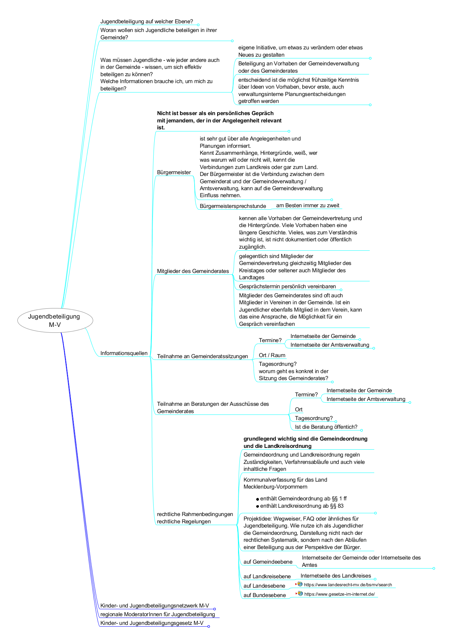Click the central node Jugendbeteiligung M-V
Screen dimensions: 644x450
click(x=55, y=320)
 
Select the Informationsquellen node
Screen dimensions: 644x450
click(x=124, y=353)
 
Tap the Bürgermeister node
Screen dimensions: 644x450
click(x=174, y=172)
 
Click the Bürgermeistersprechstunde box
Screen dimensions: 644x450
click(x=232, y=206)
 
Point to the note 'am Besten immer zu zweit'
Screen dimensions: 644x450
click(x=308, y=205)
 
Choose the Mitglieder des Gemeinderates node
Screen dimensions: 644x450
click(x=193, y=271)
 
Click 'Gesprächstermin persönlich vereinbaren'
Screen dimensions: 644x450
click(x=287, y=286)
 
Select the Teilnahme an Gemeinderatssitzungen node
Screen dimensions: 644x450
click(x=202, y=356)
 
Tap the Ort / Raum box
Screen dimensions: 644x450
click(x=272, y=355)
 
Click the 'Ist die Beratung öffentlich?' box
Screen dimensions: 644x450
click(x=326, y=427)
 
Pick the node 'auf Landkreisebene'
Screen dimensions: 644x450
click(x=267, y=576)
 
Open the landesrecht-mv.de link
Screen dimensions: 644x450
click(x=347, y=585)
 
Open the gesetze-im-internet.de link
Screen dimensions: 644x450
click(x=339, y=594)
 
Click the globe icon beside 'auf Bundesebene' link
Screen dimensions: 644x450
click(x=300, y=594)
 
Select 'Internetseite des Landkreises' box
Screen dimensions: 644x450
click(x=336, y=575)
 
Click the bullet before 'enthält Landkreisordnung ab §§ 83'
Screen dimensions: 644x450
click(x=257, y=506)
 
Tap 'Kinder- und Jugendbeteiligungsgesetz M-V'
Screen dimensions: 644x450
click(x=152, y=623)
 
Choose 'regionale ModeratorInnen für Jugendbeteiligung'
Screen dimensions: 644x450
click(x=157, y=614)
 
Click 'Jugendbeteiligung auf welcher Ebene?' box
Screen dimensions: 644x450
click(x=146, y=21)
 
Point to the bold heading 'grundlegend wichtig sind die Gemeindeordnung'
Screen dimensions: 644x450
click(x=305, y=438)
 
